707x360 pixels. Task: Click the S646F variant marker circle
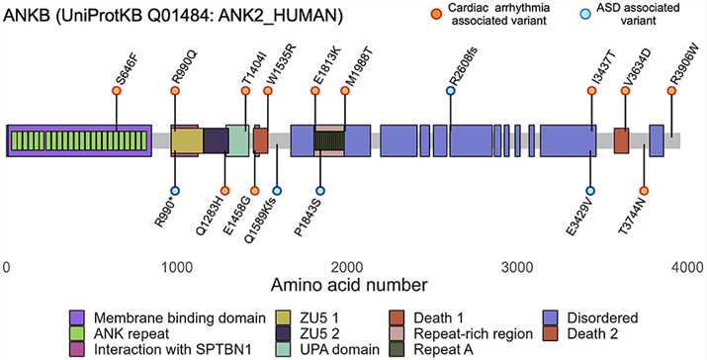(x=117, y=91)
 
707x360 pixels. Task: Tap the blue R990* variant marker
(x=175, y=190)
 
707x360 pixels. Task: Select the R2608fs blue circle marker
(x=451, y=91)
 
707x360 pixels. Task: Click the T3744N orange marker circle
(x=644, y=190)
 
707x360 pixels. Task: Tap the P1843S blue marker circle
(x=320, y=190)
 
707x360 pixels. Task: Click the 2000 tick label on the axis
(x=347, y=266)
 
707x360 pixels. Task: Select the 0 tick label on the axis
(x=7, y=266)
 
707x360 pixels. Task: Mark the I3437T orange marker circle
(x=591, y=91)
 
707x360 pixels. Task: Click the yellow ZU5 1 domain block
(x=186, y=139)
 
